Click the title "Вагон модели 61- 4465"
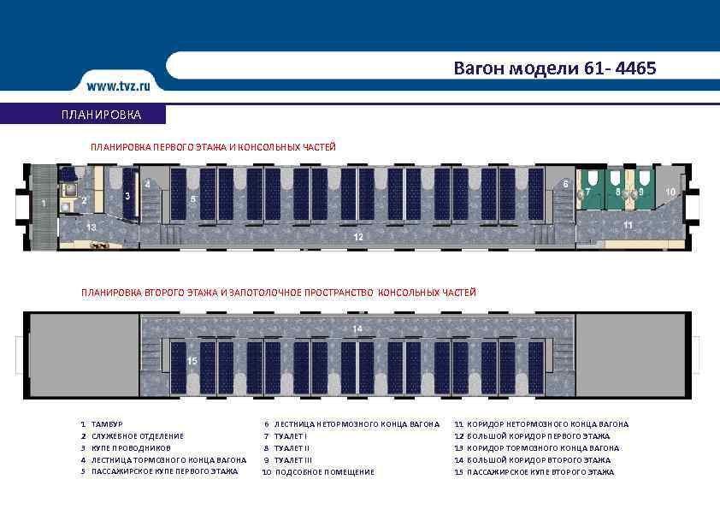[555, 68]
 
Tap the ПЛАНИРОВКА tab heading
[102, 115]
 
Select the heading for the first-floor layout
[213, 147]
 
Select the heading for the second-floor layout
[278, 293]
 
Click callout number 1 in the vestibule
[43, 204]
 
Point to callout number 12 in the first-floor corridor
[358, 236]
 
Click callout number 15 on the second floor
[192, 362]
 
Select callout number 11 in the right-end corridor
[628, 225]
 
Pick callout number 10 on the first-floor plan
[671, 192]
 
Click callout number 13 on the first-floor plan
[91, 227]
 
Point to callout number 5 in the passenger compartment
[193, 199]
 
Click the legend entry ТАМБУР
[108, 424]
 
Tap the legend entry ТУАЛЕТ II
[292, 448]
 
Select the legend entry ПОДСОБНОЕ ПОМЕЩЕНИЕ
[324, 472]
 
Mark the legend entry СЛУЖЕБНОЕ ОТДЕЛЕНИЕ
[137, 436]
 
